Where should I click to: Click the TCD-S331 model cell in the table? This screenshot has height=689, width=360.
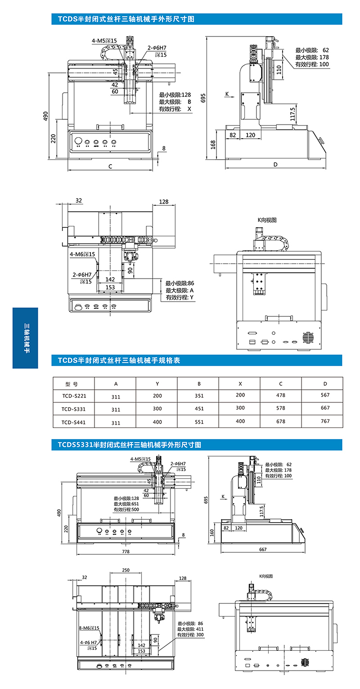pyautogui.click(x=74, y=409)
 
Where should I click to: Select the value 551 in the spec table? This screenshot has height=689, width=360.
pyautogui.click(x=199, y=422)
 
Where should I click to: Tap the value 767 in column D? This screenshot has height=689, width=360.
pyautogui.click(x=325, y=421)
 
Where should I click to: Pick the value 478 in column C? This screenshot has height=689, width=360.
pyautogui.click(x=280, y=395)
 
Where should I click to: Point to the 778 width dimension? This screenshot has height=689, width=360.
pyautogui.click(x=126, y=551)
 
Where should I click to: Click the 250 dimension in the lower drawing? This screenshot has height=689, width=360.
pyautogui.click(x=126, y=570)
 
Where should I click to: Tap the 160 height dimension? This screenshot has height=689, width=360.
pyautogui.click(x=212, y=532)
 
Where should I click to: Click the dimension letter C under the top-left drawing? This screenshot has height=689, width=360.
pyautogui.click(x=110, y=167)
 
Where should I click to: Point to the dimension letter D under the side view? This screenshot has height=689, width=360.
pyautogui.click(x=275, y=165)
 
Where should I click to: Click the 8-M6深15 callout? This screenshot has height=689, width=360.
pyautogui.click(x=89, y=627)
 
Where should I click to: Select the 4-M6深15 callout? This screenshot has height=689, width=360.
pyautogui.click(x=82, y=254)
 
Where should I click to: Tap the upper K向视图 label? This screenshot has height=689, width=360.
pyautogui.click(x=267, y=220)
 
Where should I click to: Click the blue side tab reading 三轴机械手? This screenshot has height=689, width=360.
pyautogui.click(x=26, y=338)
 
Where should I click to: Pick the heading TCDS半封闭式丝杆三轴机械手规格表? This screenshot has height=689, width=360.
pyautogui.click(x=119, y=360)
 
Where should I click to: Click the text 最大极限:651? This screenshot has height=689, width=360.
pyautogui.click(x=126, y=504)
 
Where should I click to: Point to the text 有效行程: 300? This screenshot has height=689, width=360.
pyautogui.click(x=190, y=635)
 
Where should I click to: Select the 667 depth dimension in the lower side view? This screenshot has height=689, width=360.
pyautogui.click(x=263, y=549)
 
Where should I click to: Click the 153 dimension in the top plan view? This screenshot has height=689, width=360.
pyautogui.click(x=110, y=287)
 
